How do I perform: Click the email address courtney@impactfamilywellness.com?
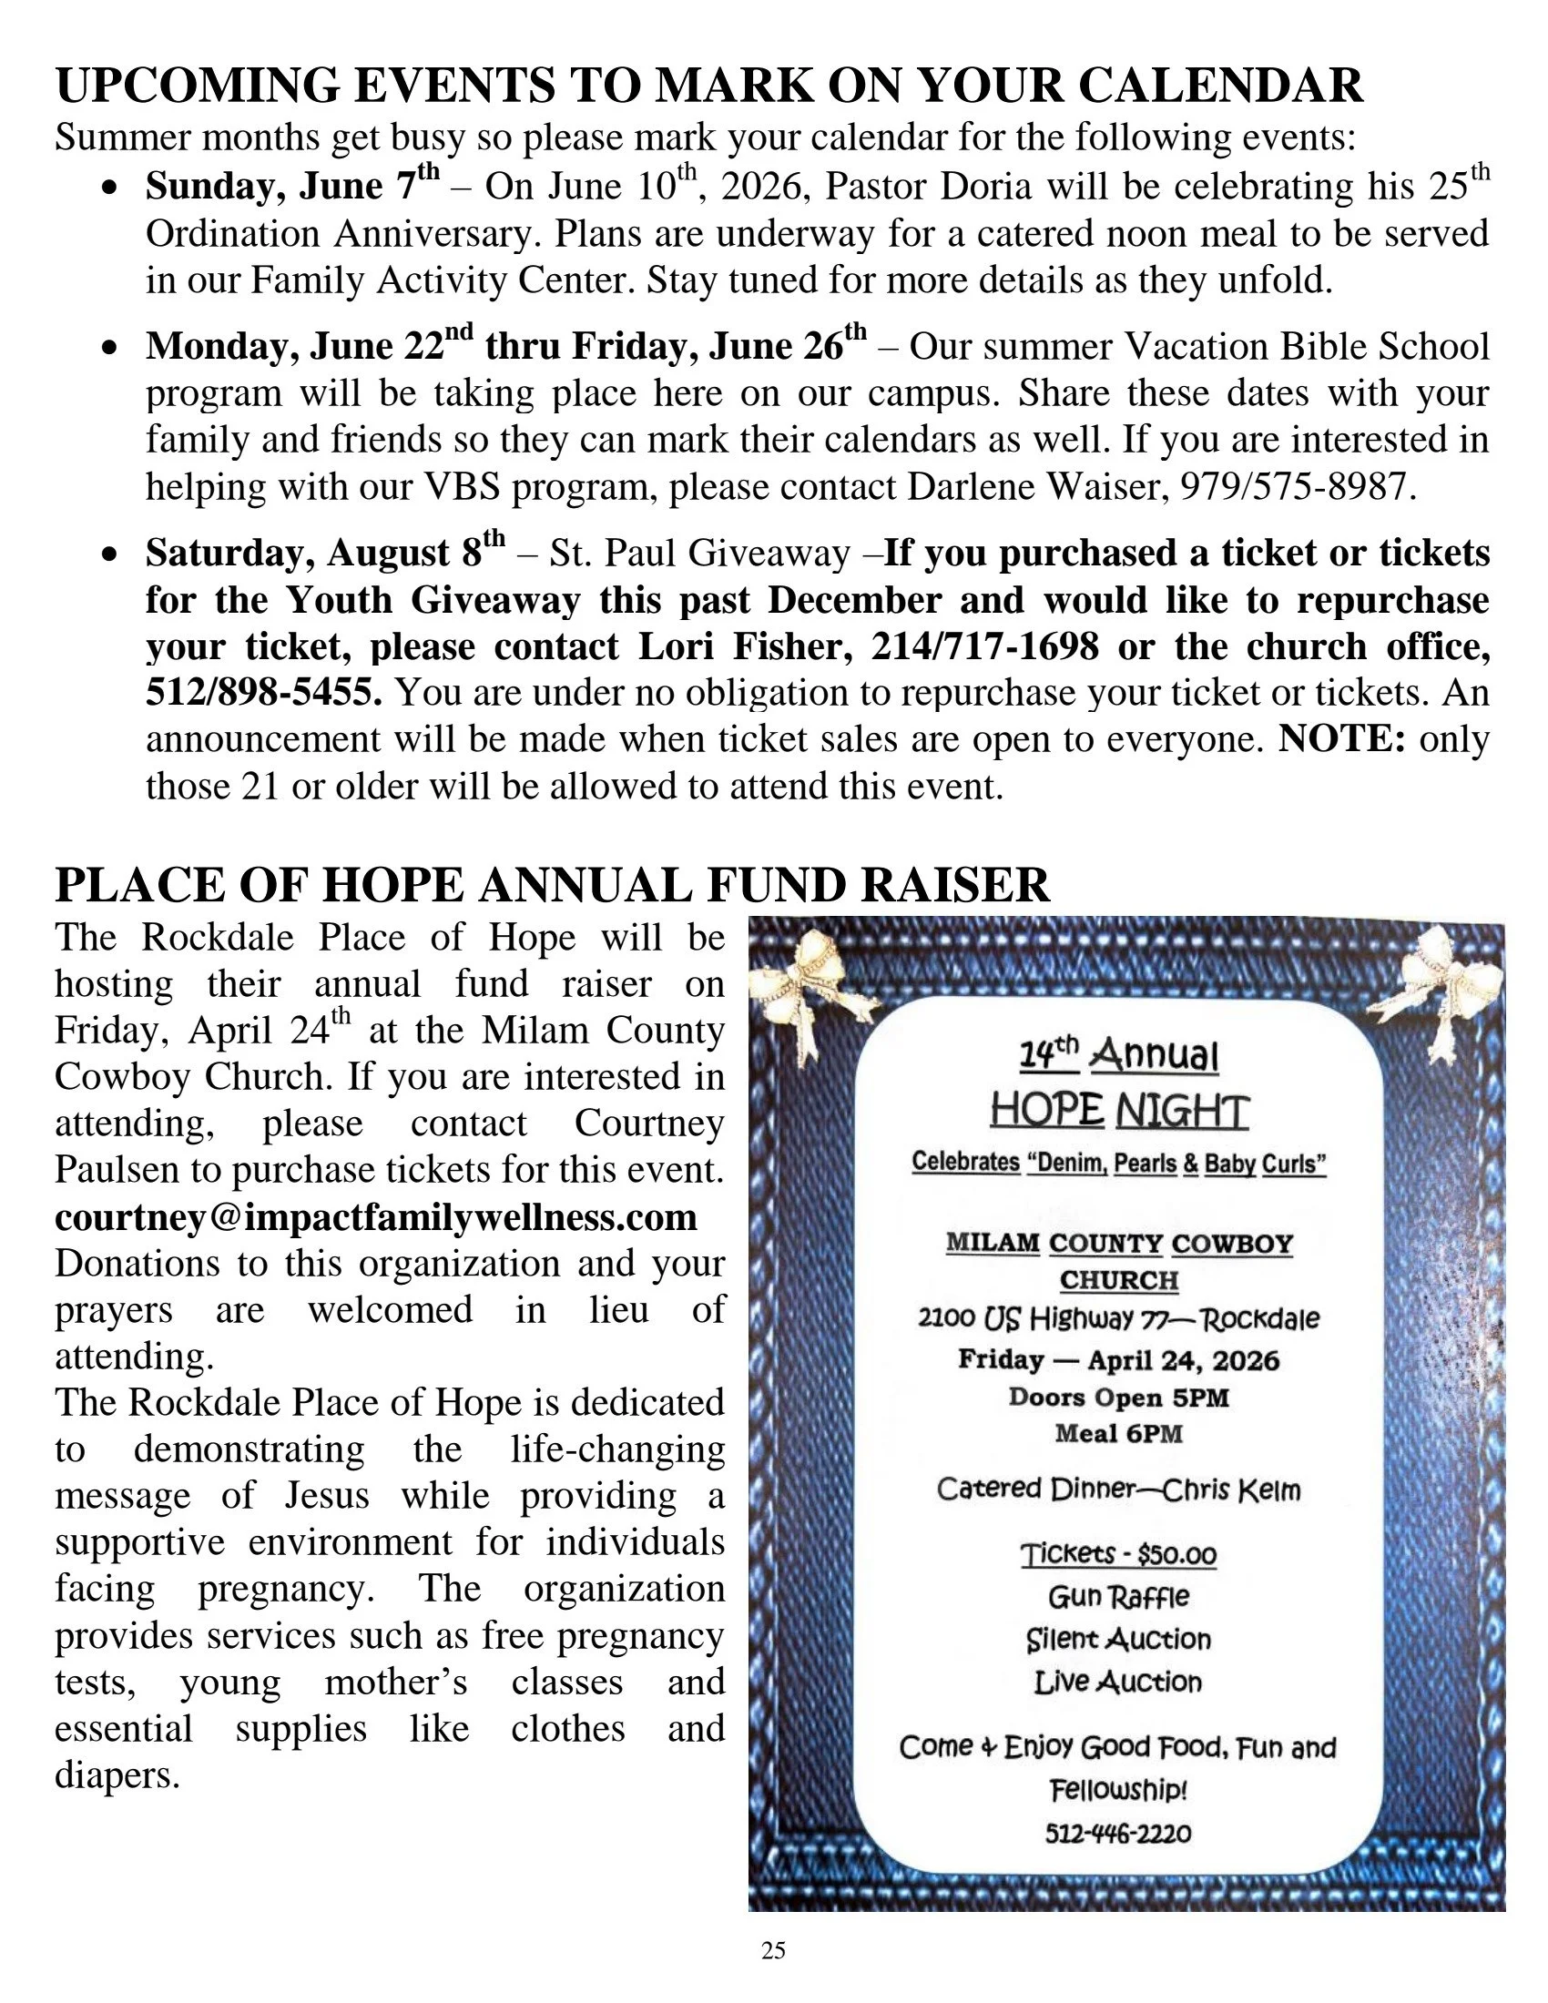[376, 1217]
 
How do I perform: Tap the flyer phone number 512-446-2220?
[1118, 1834]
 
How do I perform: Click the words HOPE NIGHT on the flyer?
[1119, 1112]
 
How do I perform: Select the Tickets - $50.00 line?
[1118, 1553]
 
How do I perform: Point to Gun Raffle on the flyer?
[1118, 1597]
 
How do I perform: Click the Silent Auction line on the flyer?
[1118, 1639]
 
